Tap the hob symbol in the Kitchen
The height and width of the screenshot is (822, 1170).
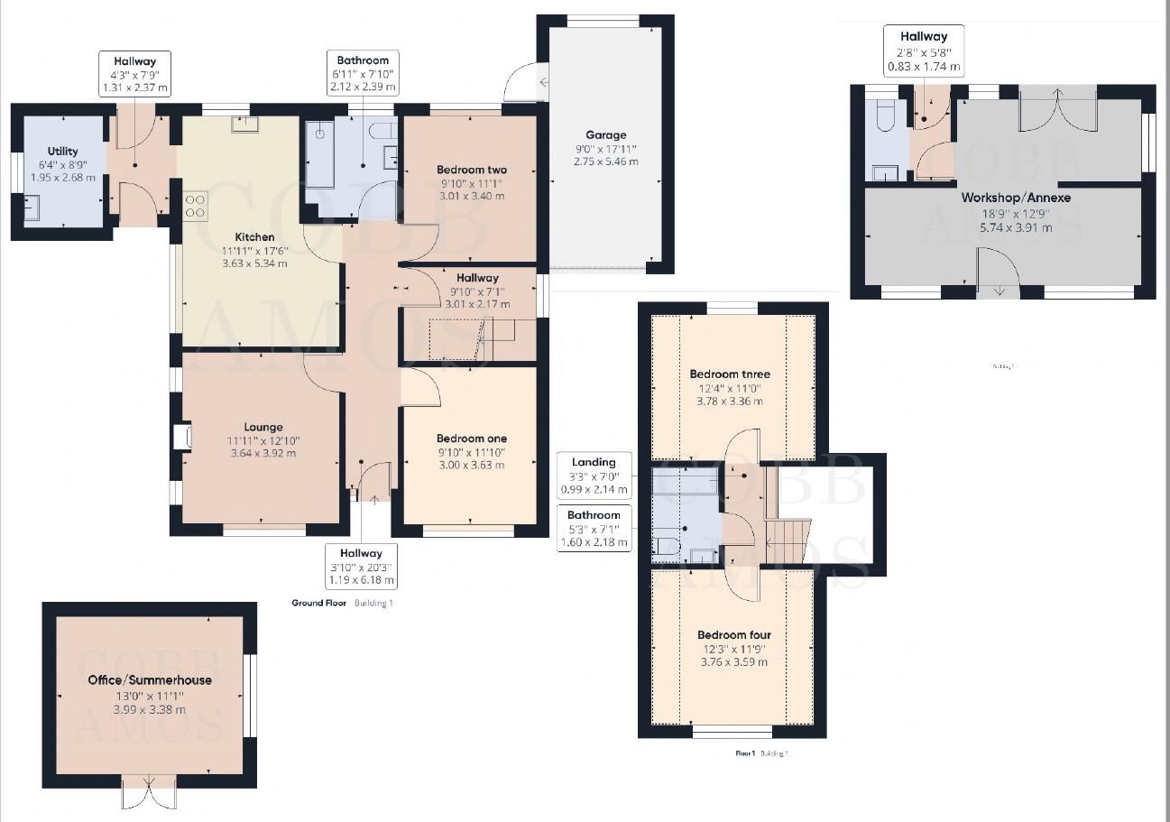[x=196, y=207]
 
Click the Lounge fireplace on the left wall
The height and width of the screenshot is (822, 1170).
[x=182, y=437]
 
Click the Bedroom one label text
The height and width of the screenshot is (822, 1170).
[x=471, y=439]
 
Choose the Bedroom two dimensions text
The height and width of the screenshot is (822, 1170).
[x=471, y=189]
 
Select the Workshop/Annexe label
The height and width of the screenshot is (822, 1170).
[x=1002, y=198]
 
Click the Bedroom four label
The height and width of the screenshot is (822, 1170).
[x=733, y=635]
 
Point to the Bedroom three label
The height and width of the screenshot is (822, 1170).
[x=730, y=374]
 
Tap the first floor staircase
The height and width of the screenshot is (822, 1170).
[x=787, y=540]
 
